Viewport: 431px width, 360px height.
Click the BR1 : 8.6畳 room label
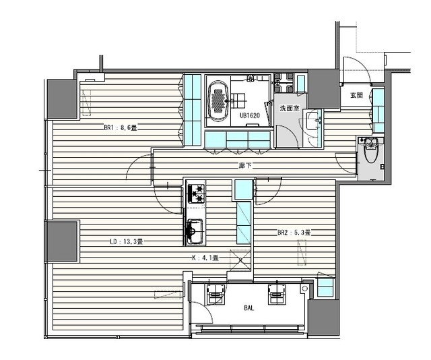[x=121, y=128]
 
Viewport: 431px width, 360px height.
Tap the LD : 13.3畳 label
[x=126, y=242]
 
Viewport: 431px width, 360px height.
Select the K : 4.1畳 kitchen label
[x=205, y=258]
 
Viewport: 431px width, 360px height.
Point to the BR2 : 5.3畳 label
[x=294, y=233]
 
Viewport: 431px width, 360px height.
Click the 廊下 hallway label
[x=244, y=166]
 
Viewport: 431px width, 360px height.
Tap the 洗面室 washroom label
[x=290, y=108]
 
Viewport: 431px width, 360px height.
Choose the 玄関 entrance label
[x=356, y=95]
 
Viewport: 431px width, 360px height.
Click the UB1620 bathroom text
[x=250, y=115]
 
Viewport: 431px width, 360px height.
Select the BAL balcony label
[x=249, y=308]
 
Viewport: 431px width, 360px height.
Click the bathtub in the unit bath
[x=218, y=101]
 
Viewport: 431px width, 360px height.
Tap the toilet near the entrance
[x=371, y=153]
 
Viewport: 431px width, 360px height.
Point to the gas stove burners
[x=196, y=193]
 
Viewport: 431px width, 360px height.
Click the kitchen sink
[x=195, y=232]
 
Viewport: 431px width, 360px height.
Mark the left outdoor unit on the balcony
[x=215, y=295]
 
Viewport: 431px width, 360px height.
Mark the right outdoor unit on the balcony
[x=277, y=295]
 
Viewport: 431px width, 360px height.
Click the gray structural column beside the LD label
[x=63, y=241]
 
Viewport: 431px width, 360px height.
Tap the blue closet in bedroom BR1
[x=192, y=109]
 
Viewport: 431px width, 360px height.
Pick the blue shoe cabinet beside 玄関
[x=378, y=110]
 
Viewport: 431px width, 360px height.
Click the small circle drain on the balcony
[x=304, y=289]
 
